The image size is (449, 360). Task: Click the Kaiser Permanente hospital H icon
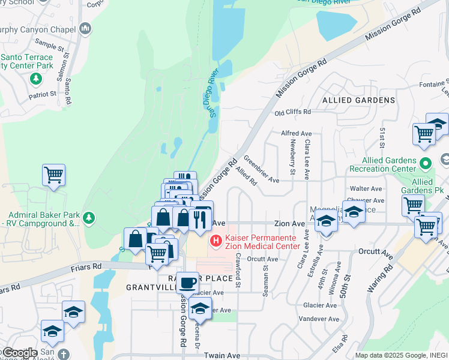coord(214,241)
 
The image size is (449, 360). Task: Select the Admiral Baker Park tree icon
coord(89,217)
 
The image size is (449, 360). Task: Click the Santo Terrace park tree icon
coord(36,77)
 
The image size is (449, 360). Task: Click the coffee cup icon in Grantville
coord(188,281)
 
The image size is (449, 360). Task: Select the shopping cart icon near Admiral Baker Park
coord(53,175)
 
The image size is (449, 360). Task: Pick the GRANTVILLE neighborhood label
coord(151,287)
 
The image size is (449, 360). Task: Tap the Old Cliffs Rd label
coord(292,112)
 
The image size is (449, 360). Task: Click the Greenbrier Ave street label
coord(261,170)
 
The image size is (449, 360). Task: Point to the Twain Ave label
coord(222,355)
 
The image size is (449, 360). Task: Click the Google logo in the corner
coord(19,353)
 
